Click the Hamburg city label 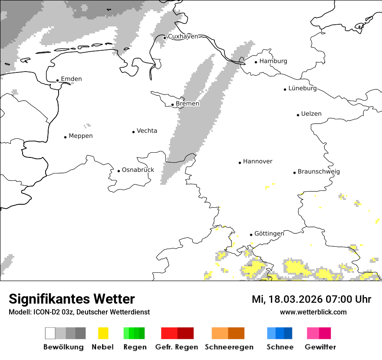tap(273, 61)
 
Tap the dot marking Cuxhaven tap(165, 38)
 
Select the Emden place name tap(71, 79)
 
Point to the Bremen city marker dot tap(172, 105)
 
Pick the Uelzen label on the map tap(311, 114)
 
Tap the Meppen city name tap(81, 136)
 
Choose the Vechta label tap(147, 131)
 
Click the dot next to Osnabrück tap(119, 171)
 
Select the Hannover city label tap(257, 161)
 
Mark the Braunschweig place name tap(319, 172)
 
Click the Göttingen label tap(269, 234)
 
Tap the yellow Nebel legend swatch tap(103, 333)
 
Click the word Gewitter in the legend tap(320, 347)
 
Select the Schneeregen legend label tap(229, 347)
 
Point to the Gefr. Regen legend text tap(177, 347)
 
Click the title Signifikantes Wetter tap(72, 299)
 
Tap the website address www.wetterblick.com tap(313, 312)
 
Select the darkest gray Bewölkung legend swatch tap(81, 333)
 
